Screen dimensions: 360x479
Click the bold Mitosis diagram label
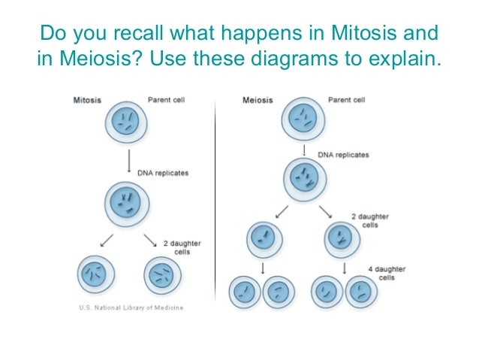89,98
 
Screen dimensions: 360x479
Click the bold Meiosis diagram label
257,98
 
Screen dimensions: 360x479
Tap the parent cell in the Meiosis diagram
303,119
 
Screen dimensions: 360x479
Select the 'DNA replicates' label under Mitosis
163,173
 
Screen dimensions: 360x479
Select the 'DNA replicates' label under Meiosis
343,154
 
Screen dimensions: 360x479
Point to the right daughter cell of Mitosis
163,276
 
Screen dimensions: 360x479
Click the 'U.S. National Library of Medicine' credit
131,307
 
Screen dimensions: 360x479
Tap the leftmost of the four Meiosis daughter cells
245,292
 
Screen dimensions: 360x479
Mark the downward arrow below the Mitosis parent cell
129,159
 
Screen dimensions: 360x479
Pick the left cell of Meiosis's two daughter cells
263,240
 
